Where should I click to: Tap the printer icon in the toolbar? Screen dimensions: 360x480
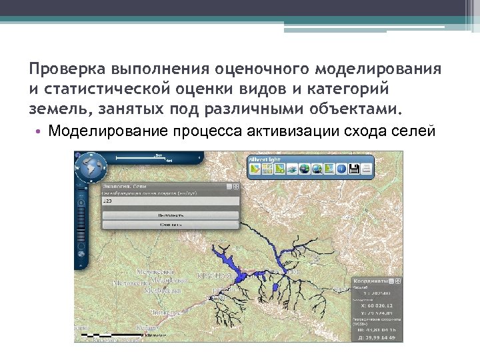366,169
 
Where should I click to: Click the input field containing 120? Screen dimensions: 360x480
169,200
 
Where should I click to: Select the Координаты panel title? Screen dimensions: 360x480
367,281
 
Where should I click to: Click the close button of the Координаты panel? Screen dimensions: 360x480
399,281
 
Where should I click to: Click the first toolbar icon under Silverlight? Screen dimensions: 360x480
255,169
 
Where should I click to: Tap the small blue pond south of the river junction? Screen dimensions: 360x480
274,286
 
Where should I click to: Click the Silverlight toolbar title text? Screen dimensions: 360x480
264,159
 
